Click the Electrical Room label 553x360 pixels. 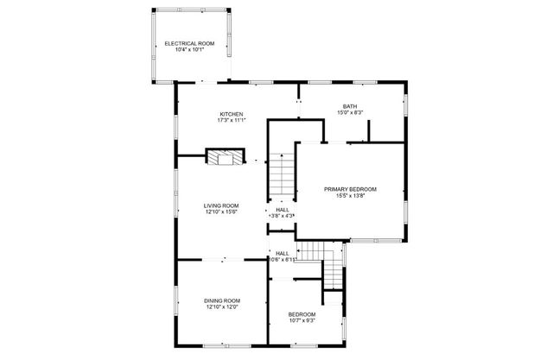tap(189, 43)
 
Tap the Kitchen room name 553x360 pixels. tap(231, 114)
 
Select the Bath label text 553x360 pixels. tap(350, 106)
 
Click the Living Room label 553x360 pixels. tap(221, 205)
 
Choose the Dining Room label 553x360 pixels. tap(222, 300)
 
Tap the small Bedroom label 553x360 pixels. tap(302, 314)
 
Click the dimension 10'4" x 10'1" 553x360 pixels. tap(189, 49)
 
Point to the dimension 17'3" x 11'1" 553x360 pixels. tap(231, 120)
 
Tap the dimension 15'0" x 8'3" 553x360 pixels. tap(350, 112)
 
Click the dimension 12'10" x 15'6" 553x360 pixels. tap(221, 212)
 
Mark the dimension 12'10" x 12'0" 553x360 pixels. tap(222, 306)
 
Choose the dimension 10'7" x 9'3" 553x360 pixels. tap(302, 320)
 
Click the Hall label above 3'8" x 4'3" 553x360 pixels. tap(283, 209)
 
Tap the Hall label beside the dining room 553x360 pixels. tap(283, 253)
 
